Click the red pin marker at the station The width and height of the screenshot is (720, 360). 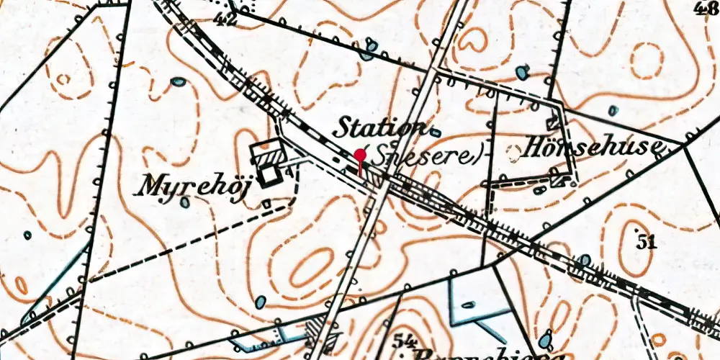click(359, 155)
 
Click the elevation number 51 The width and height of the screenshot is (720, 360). click(647, 242)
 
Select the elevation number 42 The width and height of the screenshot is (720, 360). click(226, 19)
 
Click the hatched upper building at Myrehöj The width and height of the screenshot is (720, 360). click(264, 152)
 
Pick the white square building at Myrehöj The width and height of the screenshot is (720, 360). click(270, 174)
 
